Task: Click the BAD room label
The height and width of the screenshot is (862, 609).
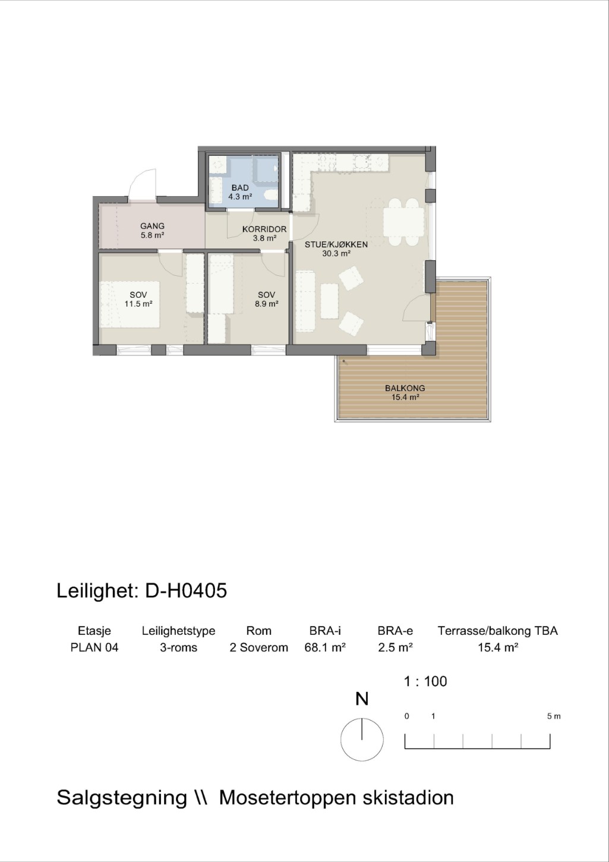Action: [240, 188]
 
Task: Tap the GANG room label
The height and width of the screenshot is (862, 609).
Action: [152, 226]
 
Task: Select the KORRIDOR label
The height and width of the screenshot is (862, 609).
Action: [264, 229]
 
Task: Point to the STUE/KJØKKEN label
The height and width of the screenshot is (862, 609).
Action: [336, 244]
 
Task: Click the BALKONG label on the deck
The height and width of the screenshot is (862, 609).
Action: [405, 388]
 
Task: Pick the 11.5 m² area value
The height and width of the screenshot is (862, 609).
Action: [138, 304]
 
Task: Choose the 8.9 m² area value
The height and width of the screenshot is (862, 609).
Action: [266, 304]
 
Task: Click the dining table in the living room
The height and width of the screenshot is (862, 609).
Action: [403, 222]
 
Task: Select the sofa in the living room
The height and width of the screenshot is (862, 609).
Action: [305, 301]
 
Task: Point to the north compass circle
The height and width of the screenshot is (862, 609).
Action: [362, 740]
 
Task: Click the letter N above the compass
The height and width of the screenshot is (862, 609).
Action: [362, 699]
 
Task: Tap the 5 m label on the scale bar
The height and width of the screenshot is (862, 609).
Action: [554, 716]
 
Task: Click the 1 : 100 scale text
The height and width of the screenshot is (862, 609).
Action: [425, 681]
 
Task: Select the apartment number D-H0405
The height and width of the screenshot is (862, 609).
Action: [186, 591]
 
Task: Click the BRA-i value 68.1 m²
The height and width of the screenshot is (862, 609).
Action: [325, 647]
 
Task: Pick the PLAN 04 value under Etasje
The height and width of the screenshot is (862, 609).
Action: [94, 647]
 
